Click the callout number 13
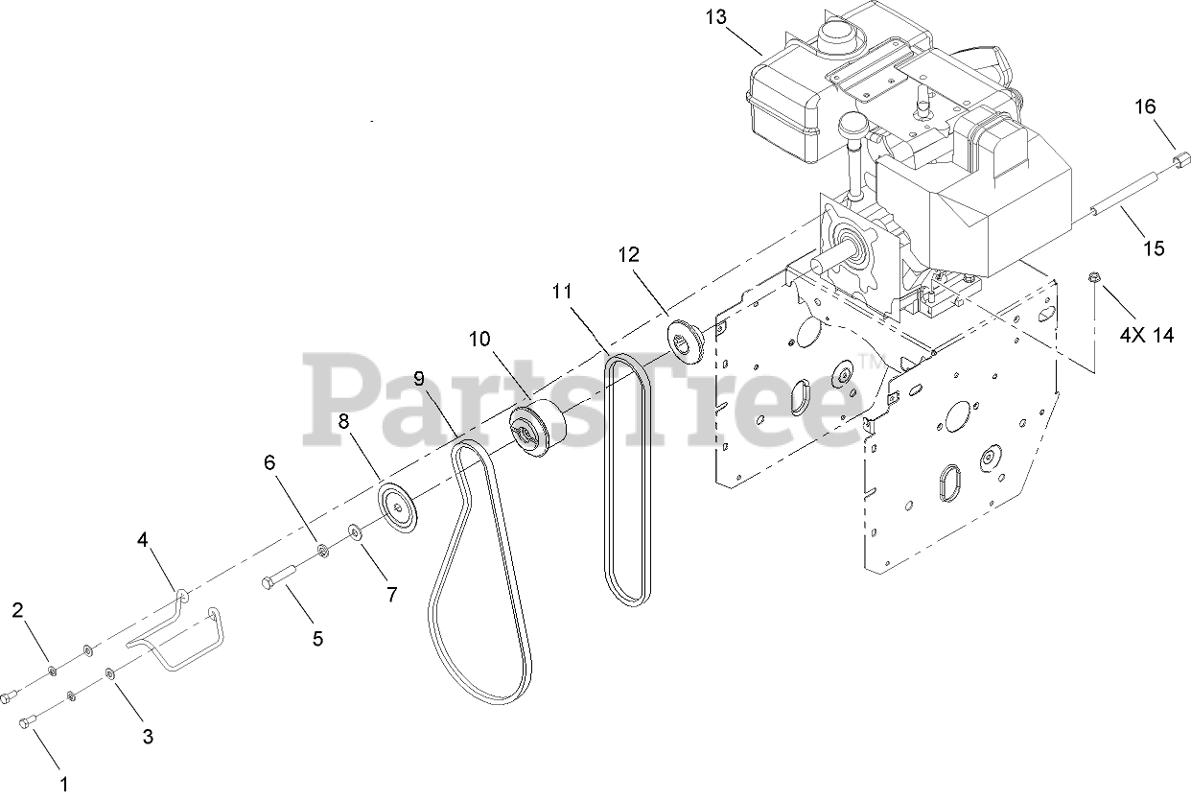click(x=714, y=17)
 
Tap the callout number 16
click(x=1146, y=106)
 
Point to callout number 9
click(x=419, y=379)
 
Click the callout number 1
click(x=63, y=783)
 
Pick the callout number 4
click(x=143, y=539)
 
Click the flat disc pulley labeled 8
click(x=398, y=507)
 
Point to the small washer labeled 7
click(x=355, y=530)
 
